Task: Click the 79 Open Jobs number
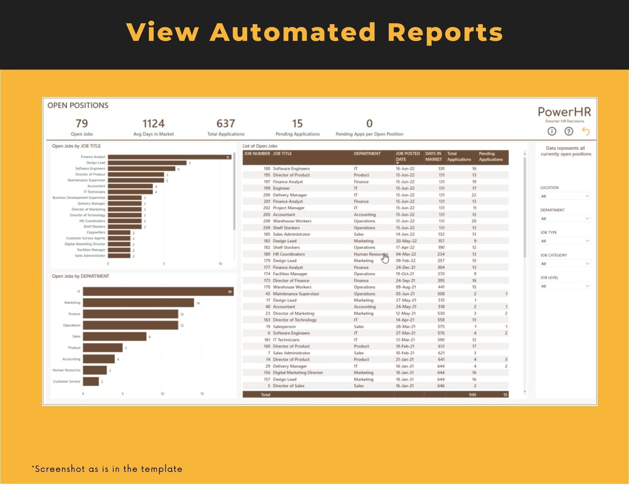click(82, 124)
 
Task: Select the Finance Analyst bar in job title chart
click(169, 157)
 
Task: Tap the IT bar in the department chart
click(158, 292)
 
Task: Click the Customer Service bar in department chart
click(91, 382)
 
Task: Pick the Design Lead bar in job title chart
click(147, 163)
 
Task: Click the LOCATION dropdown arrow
click(587, 196)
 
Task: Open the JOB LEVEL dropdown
click(565, 286)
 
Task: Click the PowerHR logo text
click(564, 112)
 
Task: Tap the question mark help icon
click(568, 131)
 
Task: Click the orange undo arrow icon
click(585, 131)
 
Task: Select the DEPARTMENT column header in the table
click(367, 154)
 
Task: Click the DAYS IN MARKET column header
click(433, 156)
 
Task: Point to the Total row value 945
click(472, 395)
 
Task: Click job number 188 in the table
click(267, 169)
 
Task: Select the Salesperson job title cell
click(284, 327)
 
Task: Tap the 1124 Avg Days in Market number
click(153, 124)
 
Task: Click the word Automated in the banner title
click(292, 32)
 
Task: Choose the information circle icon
click(552, 131)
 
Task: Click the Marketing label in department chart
click(72, 303)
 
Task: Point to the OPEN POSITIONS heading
click(78, 105)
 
